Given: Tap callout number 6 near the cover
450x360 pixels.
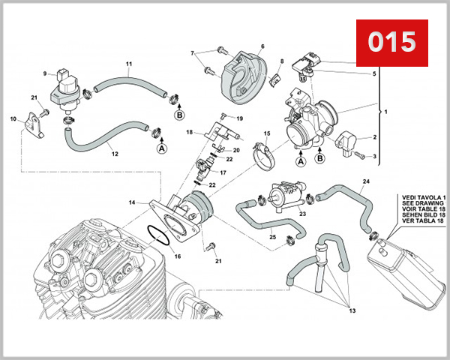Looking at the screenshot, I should coord(262,46).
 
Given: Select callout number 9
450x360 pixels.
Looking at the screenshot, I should coord(45,73).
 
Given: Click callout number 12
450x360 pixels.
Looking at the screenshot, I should coord(115,154).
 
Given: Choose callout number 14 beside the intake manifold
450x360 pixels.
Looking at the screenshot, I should coord(131,202).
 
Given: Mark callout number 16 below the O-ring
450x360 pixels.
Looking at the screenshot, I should coord(178,256).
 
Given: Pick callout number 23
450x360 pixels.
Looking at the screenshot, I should coord(302,214).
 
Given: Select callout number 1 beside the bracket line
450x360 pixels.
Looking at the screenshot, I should coord(386,111).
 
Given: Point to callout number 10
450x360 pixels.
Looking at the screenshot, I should coord(13,119).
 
